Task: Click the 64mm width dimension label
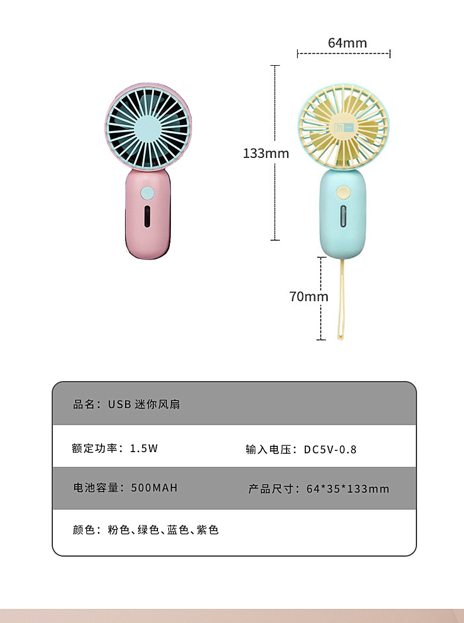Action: [x=347, y=43]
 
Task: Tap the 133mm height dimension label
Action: [x=265, y=153]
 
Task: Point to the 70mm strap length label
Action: [x=309, y=297]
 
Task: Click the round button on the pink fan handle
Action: [x=147, y=193]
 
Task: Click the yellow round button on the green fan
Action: [x=343, y=193]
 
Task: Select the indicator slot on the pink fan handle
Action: [x=147, y=217]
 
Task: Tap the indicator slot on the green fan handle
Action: [x=343, y=216]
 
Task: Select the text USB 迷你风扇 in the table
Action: [x=144, y=405]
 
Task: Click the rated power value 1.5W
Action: [x=144, y=448]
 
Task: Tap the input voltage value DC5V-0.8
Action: [x=330, y=449]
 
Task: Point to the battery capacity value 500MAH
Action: [x=154, y=487]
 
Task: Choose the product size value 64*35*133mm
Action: [x=348, y=489]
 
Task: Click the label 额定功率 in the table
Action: [x=95, y=448]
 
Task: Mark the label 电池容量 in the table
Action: [x=96, y=487]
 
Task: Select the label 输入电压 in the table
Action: [x=268, y=449]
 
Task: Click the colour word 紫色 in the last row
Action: [x=207, y=530]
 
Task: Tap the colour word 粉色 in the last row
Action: [x=119, y=530]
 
